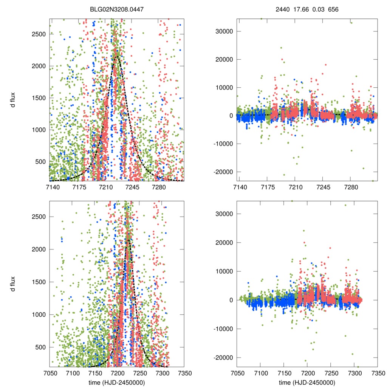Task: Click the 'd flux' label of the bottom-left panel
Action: coord(14,282)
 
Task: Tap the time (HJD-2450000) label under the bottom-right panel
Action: coord(307,382)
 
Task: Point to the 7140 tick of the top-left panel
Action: coord(52,187)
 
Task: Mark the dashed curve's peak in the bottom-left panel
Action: coord(128,239)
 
